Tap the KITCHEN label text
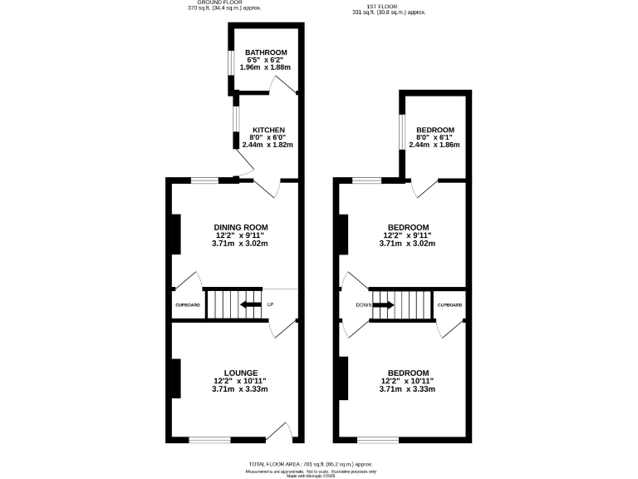click(x=268, y=131)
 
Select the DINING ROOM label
click(x=241, y=228)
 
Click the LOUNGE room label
click(x=241, y=373)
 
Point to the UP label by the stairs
click(x=270, y=305)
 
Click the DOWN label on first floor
click(x=363, y=305)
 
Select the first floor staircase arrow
click(x=384, y=305)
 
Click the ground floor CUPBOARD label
click(x=188, y=305)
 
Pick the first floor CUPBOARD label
click(x=449, y=305)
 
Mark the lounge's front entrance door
click(x=279, y=431)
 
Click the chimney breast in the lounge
click(x=175, y=378)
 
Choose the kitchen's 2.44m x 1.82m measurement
click(x=267, y=145)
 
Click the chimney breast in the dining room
click(x=175, y=235)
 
